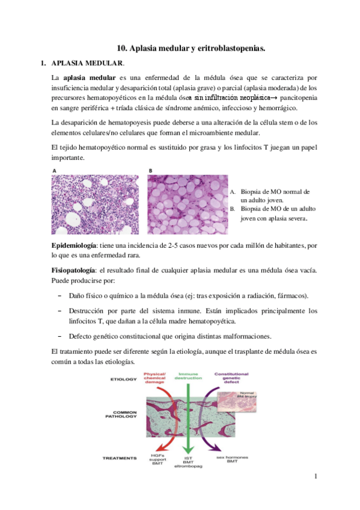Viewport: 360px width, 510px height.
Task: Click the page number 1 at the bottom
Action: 314,477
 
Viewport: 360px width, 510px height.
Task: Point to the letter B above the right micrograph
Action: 150,170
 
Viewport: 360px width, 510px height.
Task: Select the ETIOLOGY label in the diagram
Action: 124,380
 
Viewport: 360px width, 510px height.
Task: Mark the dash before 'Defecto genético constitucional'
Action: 60,336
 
